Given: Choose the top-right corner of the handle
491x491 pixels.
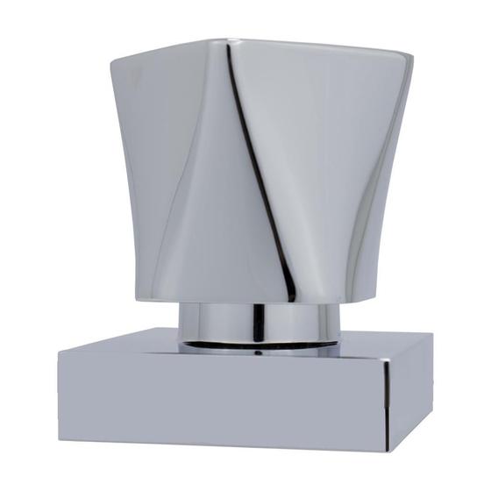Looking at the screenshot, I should click(412, 54).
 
